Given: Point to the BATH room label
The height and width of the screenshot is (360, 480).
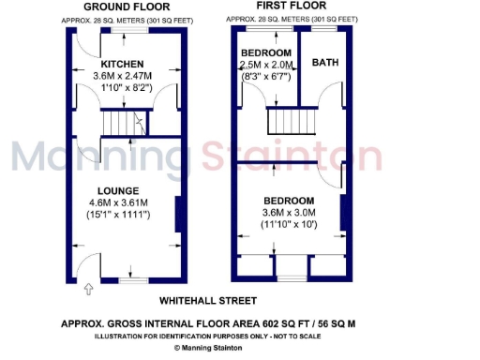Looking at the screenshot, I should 325,63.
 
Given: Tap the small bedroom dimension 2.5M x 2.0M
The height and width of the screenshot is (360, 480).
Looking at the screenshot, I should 266,65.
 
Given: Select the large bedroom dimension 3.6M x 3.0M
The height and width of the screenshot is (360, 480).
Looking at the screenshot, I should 291,213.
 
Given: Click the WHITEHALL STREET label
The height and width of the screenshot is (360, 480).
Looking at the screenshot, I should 207,301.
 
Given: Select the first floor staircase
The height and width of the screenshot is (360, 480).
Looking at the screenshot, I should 290,122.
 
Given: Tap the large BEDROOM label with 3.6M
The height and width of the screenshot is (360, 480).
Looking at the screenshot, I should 291,200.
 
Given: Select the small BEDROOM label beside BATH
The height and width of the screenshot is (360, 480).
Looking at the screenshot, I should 266,52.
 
